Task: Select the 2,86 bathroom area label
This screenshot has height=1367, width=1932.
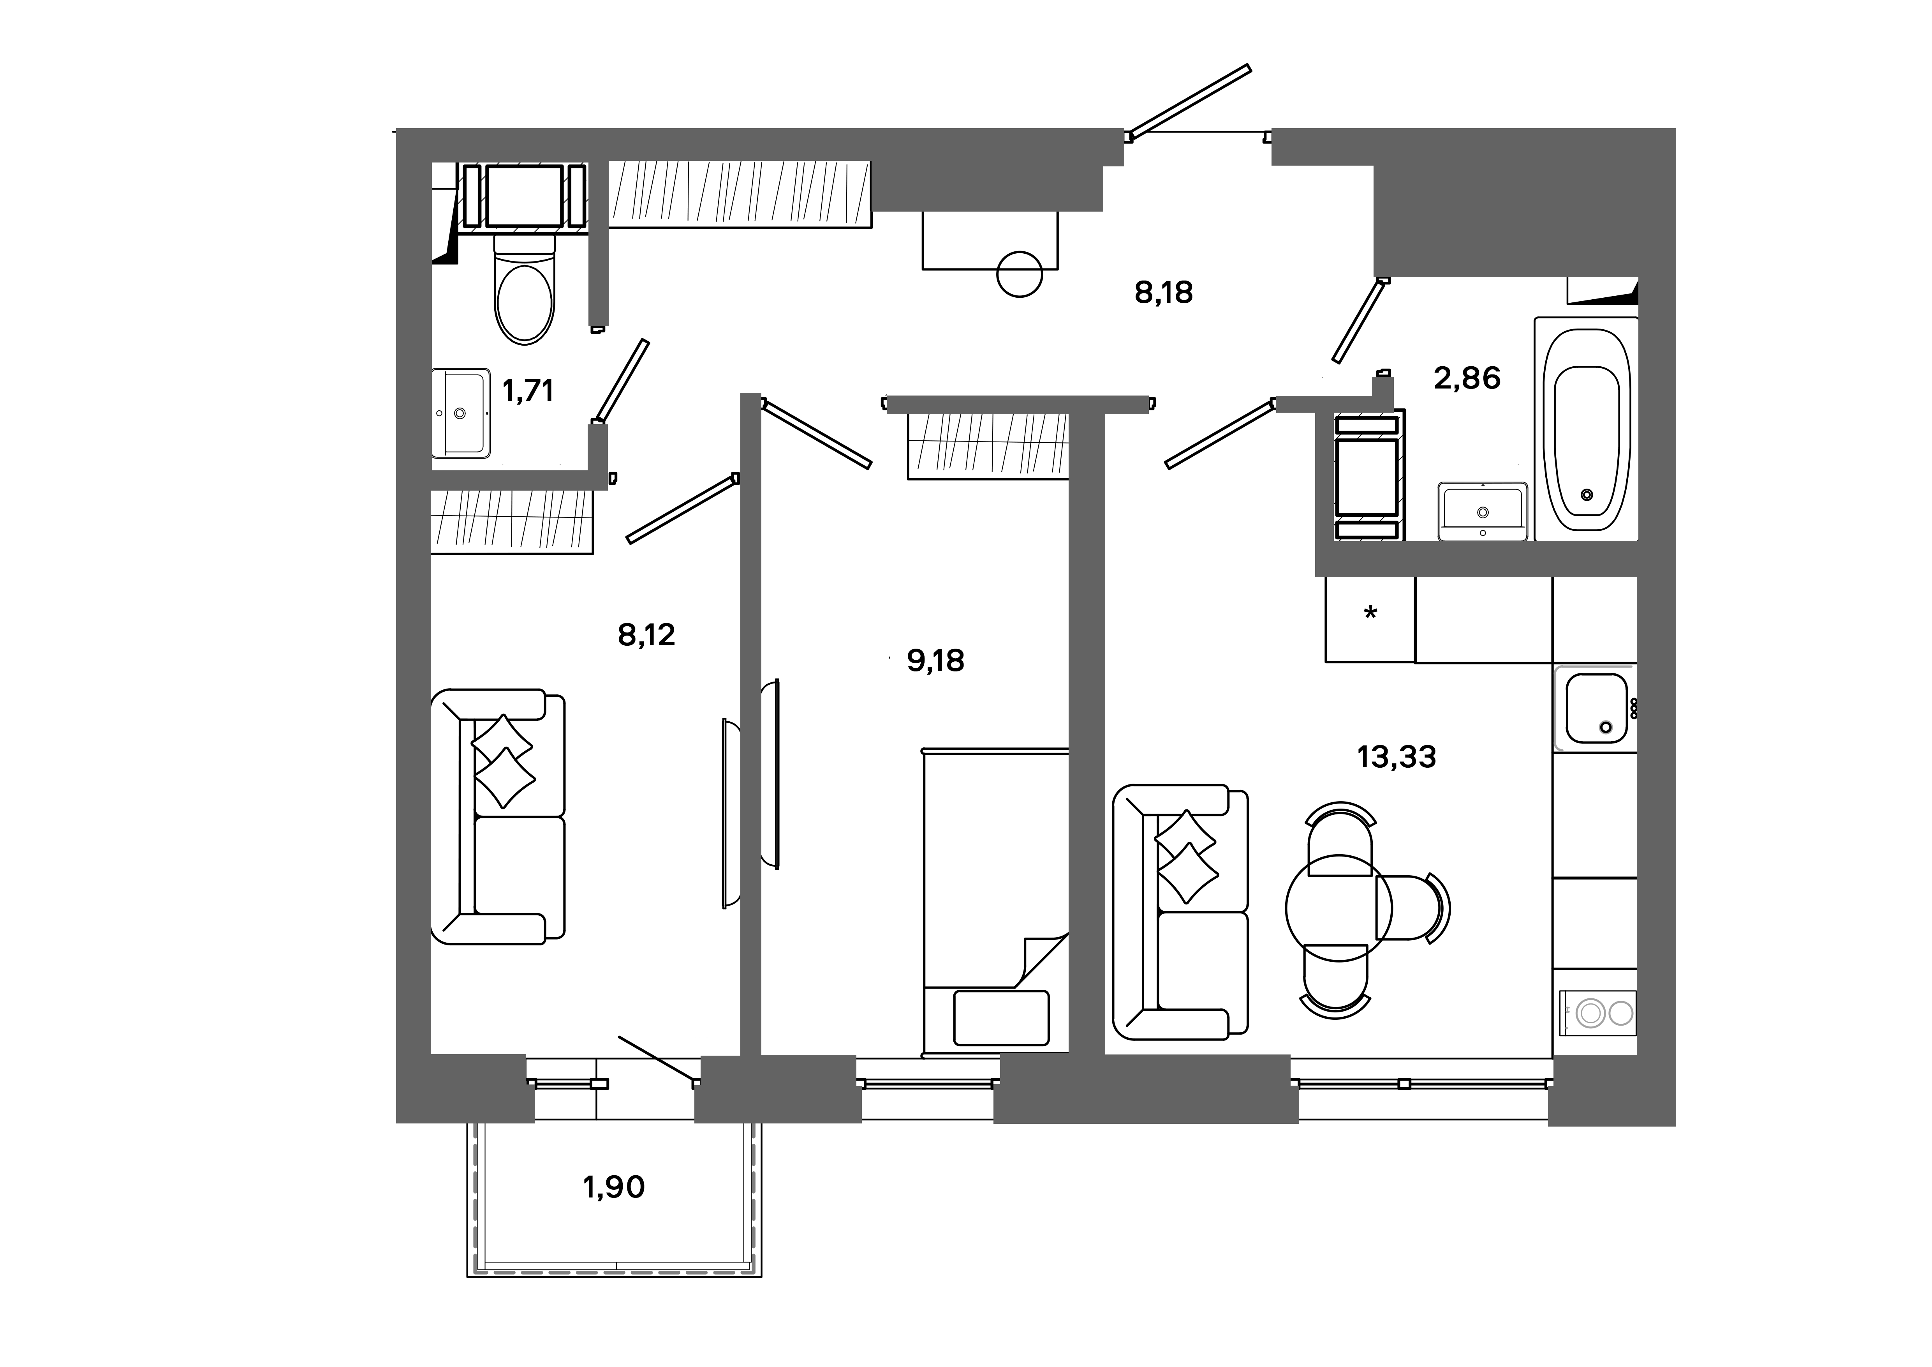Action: coord(1467,379)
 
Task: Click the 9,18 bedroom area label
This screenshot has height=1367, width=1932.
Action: coord(935,661)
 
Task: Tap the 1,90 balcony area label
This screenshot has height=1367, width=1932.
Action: coord(613,1187)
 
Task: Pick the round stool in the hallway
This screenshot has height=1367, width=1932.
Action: coord(1019,274)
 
